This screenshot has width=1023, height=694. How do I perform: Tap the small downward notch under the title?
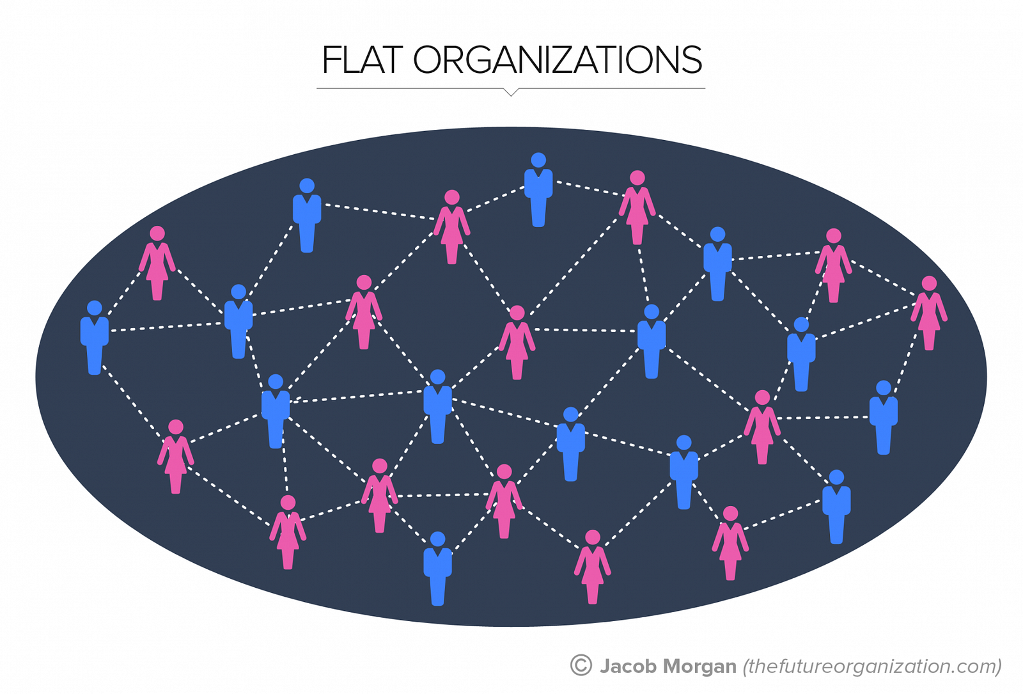point(511,92)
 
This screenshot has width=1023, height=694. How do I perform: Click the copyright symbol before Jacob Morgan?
point(581,665)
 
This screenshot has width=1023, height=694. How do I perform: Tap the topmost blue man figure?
point(538,189)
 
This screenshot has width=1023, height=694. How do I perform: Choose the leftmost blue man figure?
point(95,338)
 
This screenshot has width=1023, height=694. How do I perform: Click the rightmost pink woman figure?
point(929,313)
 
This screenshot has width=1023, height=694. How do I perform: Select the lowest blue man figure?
point(437,569)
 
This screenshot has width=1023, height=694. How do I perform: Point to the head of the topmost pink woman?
point(637,178)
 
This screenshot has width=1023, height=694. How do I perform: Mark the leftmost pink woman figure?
point(157,263)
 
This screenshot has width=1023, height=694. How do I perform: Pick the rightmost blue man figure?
point(883,418)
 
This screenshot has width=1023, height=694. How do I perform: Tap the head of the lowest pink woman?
point(592,537)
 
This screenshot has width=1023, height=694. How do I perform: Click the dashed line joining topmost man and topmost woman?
point(588,189)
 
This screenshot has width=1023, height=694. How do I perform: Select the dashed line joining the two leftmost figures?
point(123,294)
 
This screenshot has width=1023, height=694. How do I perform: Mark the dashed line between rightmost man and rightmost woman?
point(905,364)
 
